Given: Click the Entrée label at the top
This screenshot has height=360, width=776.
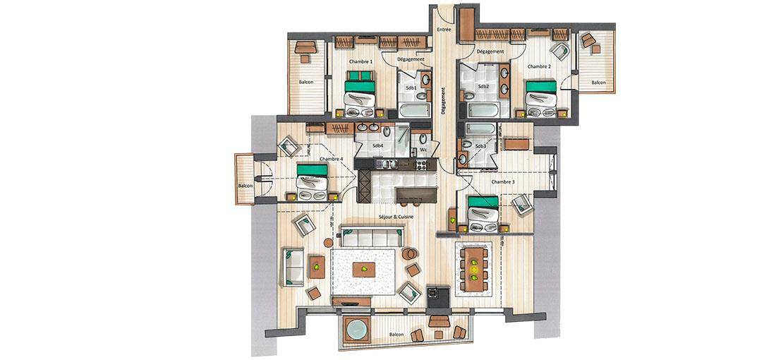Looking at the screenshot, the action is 444,30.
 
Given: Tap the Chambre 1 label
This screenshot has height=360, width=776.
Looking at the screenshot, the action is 360,61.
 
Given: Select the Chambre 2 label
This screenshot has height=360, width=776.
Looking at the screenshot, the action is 538,66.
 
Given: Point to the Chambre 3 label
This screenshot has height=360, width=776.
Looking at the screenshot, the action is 503,182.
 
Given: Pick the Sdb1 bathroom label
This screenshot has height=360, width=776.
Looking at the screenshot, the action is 411,88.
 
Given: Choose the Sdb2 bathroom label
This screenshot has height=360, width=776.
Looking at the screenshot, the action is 483,86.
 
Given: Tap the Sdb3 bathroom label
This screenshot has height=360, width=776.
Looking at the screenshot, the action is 480,147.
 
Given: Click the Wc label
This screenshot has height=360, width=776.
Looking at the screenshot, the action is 423,149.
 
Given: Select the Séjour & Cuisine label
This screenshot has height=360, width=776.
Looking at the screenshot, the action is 396,217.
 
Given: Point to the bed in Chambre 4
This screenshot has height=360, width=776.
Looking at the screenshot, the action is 312,182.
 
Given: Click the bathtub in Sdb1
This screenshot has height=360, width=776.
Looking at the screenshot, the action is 414,110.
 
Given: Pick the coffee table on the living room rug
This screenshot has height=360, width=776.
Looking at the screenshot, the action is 364,270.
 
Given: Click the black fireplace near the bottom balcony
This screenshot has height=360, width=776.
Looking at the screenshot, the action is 438,296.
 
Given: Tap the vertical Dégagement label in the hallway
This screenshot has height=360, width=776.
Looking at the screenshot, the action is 444,102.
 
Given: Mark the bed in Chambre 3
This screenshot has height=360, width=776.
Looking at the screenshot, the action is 483,214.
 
